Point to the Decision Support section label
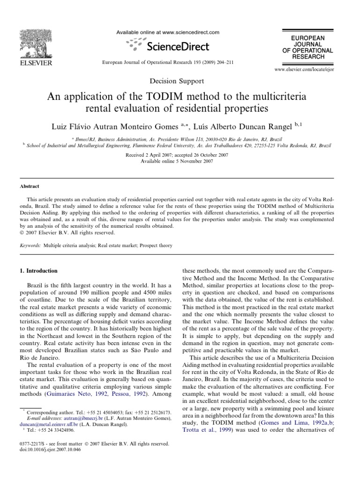(180, 81)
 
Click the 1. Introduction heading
(38, 271)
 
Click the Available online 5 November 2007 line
(180, 161)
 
